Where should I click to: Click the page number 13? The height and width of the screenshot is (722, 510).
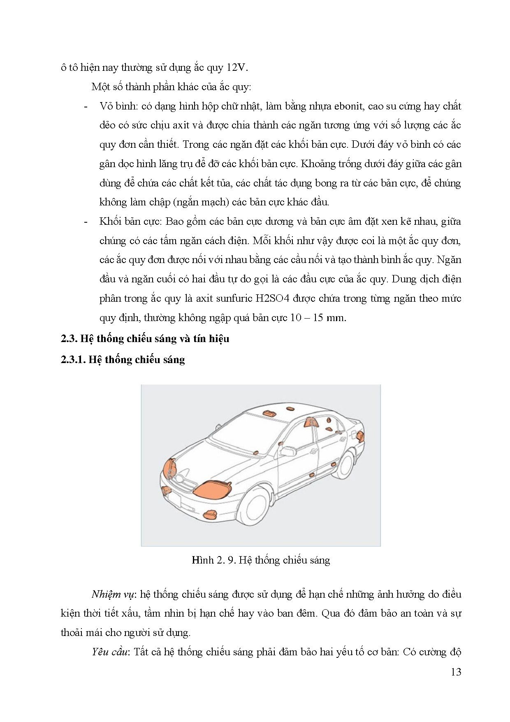click(x=456, y=672)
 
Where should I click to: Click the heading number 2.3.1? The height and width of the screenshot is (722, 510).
click(x=73, y=359)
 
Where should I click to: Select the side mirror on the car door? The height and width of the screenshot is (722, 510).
click(x=288, y=450)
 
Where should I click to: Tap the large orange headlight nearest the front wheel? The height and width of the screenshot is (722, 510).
click(x=213, y=489)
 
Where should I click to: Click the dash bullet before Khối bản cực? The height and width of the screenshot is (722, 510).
click(x=86, y=221)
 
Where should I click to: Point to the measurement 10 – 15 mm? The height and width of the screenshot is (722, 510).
click(x=318, y=317)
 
